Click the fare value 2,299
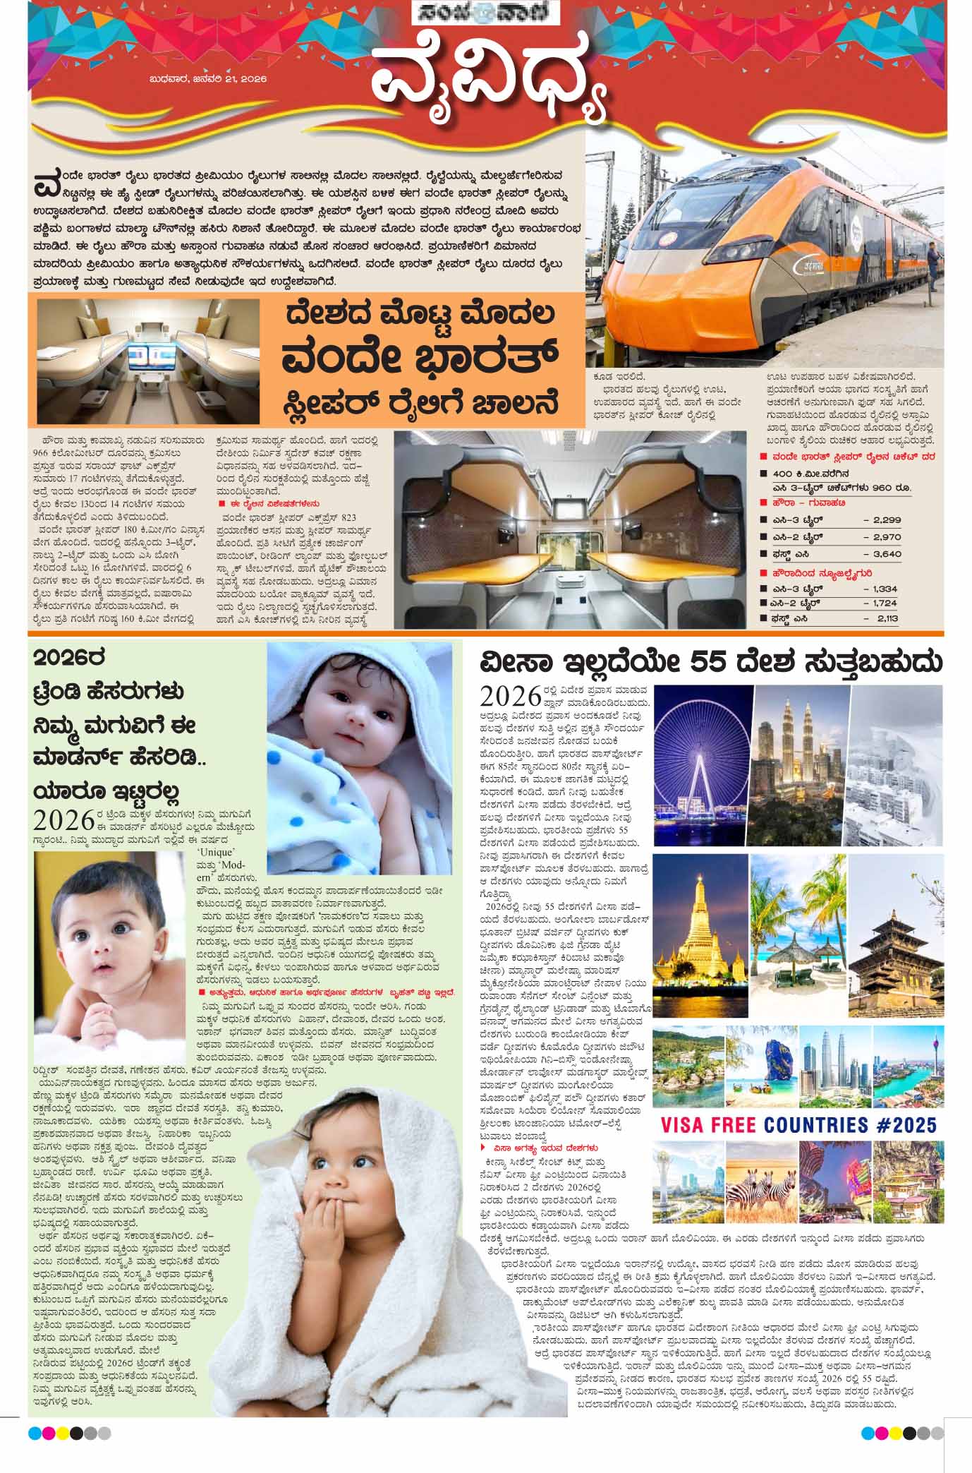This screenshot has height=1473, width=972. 887,519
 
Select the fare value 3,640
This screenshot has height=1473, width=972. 887,554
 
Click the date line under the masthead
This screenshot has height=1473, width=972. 208,80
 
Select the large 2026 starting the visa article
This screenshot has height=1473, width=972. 510,696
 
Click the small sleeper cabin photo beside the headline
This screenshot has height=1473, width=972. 148,361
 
